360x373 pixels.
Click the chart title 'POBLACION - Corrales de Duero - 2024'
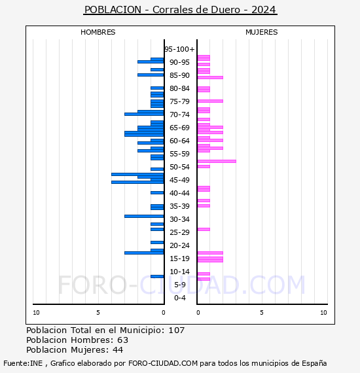[180, 10]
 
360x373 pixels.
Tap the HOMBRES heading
[98, 32]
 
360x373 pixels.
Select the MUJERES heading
[262, 32]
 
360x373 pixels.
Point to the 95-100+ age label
[179, 49]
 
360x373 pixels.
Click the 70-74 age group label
[179, 115]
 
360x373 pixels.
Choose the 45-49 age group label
[179, 180]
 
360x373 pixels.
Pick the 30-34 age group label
[179, 219]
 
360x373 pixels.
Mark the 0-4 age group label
[179, 298]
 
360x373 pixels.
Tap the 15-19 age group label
[179, 258]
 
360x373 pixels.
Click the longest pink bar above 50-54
[217, 161]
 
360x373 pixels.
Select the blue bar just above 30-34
[144, 216]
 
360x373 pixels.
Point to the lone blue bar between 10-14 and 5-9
[157, 276]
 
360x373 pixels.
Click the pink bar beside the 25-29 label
[204, 229]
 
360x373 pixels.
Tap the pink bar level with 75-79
[210, 101]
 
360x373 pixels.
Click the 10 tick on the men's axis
[36, 313]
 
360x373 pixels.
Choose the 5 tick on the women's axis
[262, 313]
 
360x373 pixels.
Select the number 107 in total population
[176, 330]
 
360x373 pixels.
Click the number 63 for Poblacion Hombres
[123, 340]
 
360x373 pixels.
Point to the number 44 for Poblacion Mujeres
[118, 350]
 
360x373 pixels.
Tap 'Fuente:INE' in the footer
[23, 363]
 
